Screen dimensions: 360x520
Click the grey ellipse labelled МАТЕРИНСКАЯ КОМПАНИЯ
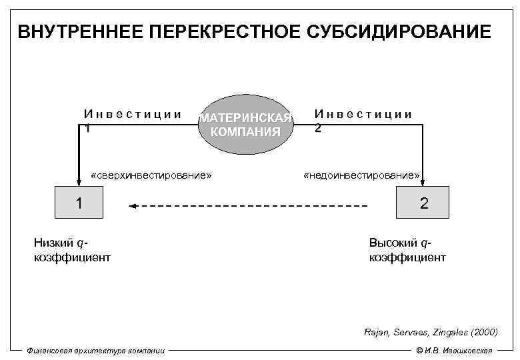[245, 122]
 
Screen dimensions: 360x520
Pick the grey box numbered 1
[79, 203]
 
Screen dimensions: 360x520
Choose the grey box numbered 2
[423, 203]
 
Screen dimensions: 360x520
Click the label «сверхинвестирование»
[151, 176]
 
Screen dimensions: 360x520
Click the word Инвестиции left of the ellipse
[133, 114]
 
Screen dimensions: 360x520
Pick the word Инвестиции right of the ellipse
[363, 114]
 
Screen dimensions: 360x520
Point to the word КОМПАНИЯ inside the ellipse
[245, 131]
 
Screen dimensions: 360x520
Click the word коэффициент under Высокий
[407, 257]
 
